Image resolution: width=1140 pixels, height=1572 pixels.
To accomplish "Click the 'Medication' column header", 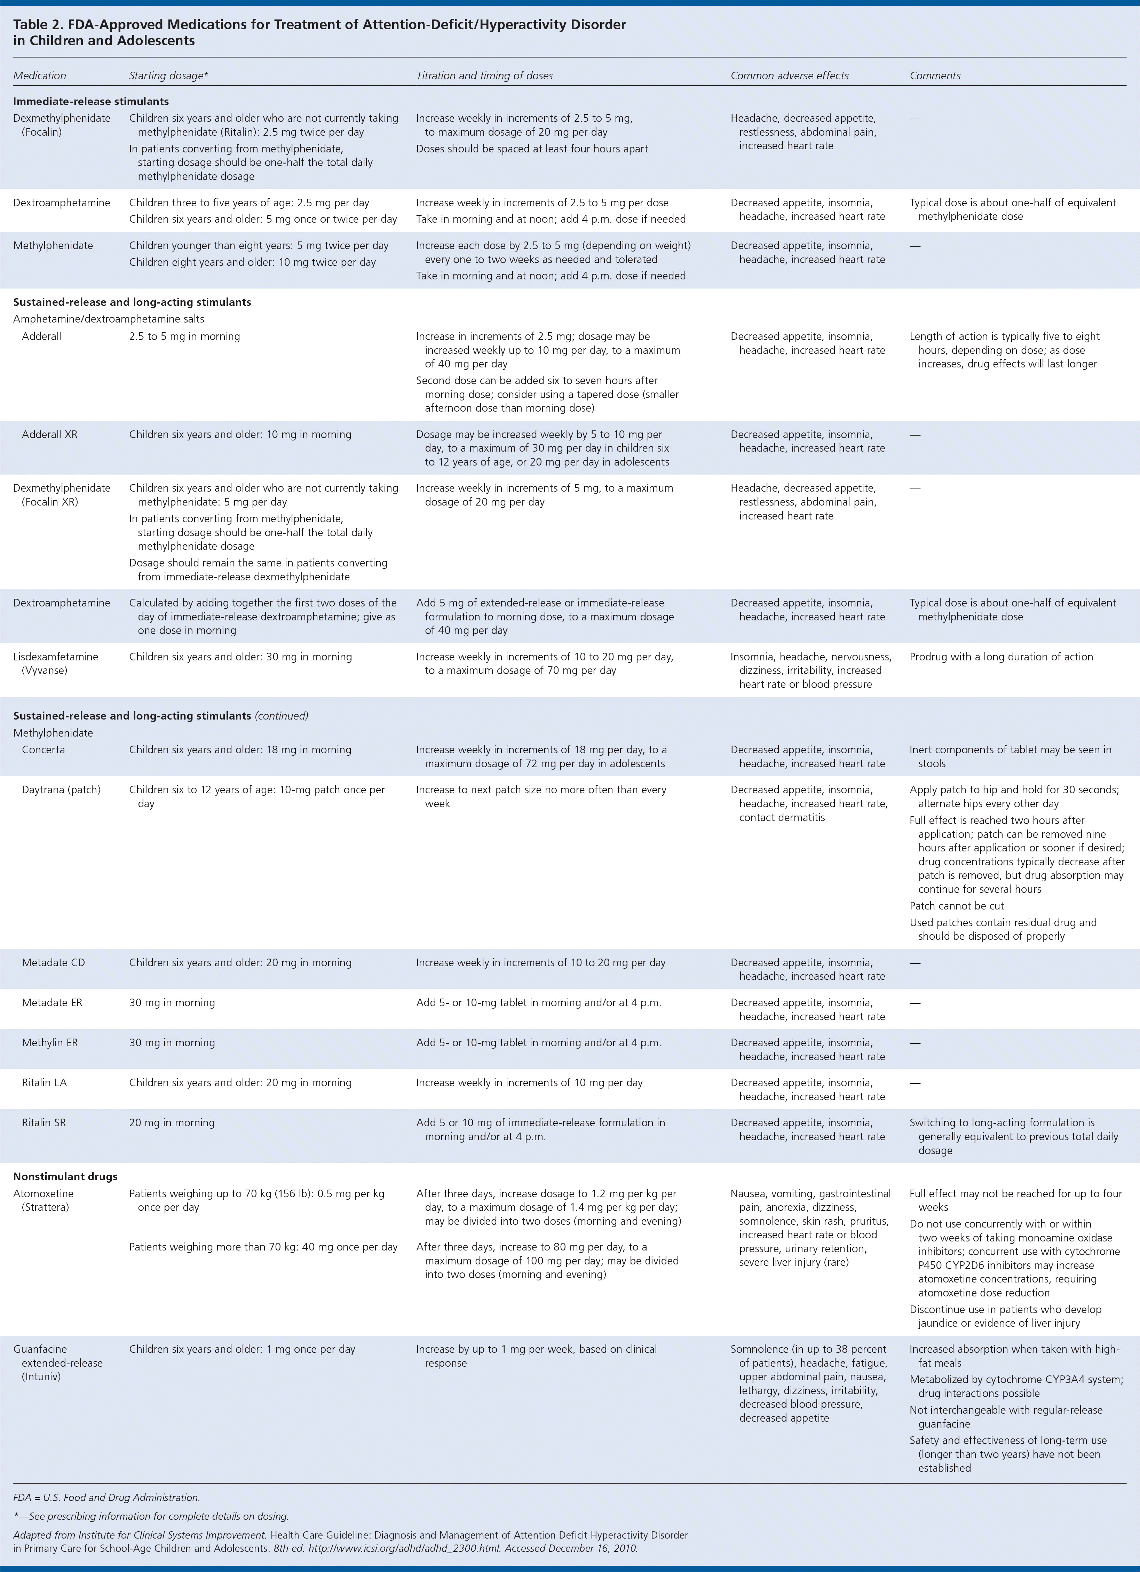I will click(40, 76).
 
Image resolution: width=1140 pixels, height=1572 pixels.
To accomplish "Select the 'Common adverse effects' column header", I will click(789, 76).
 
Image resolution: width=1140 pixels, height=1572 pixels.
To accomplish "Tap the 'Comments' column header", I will click(935, 76).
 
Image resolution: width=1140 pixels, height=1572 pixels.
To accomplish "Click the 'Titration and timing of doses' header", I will click(484, 76).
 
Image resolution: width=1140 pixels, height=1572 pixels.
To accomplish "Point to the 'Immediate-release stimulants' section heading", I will click(91, 101).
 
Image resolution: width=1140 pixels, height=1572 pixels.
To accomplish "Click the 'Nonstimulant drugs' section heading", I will click(65, 1176).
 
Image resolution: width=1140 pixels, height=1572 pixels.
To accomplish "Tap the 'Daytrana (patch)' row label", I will click(61, 789).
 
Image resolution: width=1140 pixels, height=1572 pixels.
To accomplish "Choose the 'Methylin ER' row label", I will click(50, 1042).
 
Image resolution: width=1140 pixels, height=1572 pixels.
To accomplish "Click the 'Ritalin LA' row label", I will click(44, 1083).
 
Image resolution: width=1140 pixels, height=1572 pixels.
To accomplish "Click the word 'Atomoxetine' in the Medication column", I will click(43, 1193).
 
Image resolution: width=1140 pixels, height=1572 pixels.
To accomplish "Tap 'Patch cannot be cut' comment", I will click(956, 906).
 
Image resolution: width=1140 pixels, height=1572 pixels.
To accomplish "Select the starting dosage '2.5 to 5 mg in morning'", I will click(184, 336).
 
